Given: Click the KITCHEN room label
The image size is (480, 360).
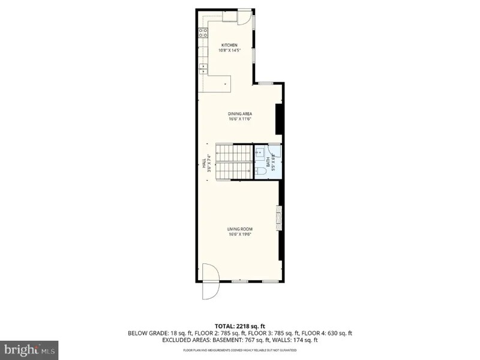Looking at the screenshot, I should pos(229,46).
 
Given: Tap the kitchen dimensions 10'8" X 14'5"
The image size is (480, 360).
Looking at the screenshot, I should pos(229,50).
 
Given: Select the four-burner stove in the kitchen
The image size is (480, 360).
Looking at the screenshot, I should pos(203,32).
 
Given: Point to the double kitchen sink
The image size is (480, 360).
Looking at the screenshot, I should pos(203,68).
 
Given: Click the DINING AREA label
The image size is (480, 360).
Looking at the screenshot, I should pos(239,114).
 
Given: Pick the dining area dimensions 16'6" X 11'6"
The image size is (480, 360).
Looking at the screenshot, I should pos(239,119).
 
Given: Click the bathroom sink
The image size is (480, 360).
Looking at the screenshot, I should pos(260,151).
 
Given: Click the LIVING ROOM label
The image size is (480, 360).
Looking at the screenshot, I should pos(239,229).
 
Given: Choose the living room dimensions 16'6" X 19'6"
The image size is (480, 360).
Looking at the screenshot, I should pos(239,234).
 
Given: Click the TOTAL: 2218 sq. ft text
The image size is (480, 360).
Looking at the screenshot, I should pos(239,326).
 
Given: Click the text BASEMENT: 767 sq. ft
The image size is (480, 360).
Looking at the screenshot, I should pos(246,340).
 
